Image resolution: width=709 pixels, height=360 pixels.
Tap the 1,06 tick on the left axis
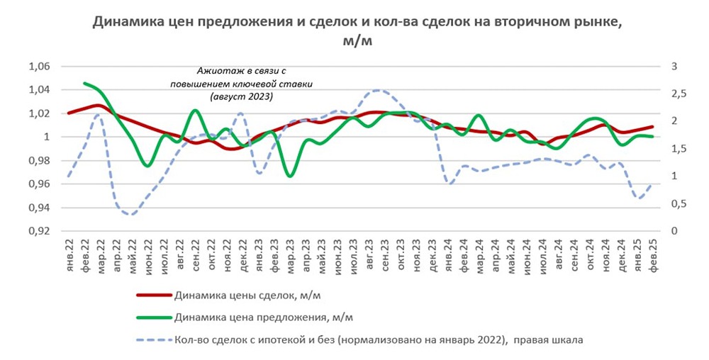(x=40, y=67)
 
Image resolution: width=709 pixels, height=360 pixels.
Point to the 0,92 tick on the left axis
(x=40, y=231)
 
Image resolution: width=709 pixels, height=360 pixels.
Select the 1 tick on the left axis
(x=48, y=137)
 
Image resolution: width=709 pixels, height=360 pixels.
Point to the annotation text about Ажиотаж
(x=241, y=84)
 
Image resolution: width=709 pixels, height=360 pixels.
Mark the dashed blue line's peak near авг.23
(x=377, y=91)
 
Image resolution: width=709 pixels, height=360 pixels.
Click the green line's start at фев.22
(x=84, y=84)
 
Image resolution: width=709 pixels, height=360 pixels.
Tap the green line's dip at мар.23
(x=289, y=175)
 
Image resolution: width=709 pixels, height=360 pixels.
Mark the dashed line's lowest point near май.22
(x=131, y=213)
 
